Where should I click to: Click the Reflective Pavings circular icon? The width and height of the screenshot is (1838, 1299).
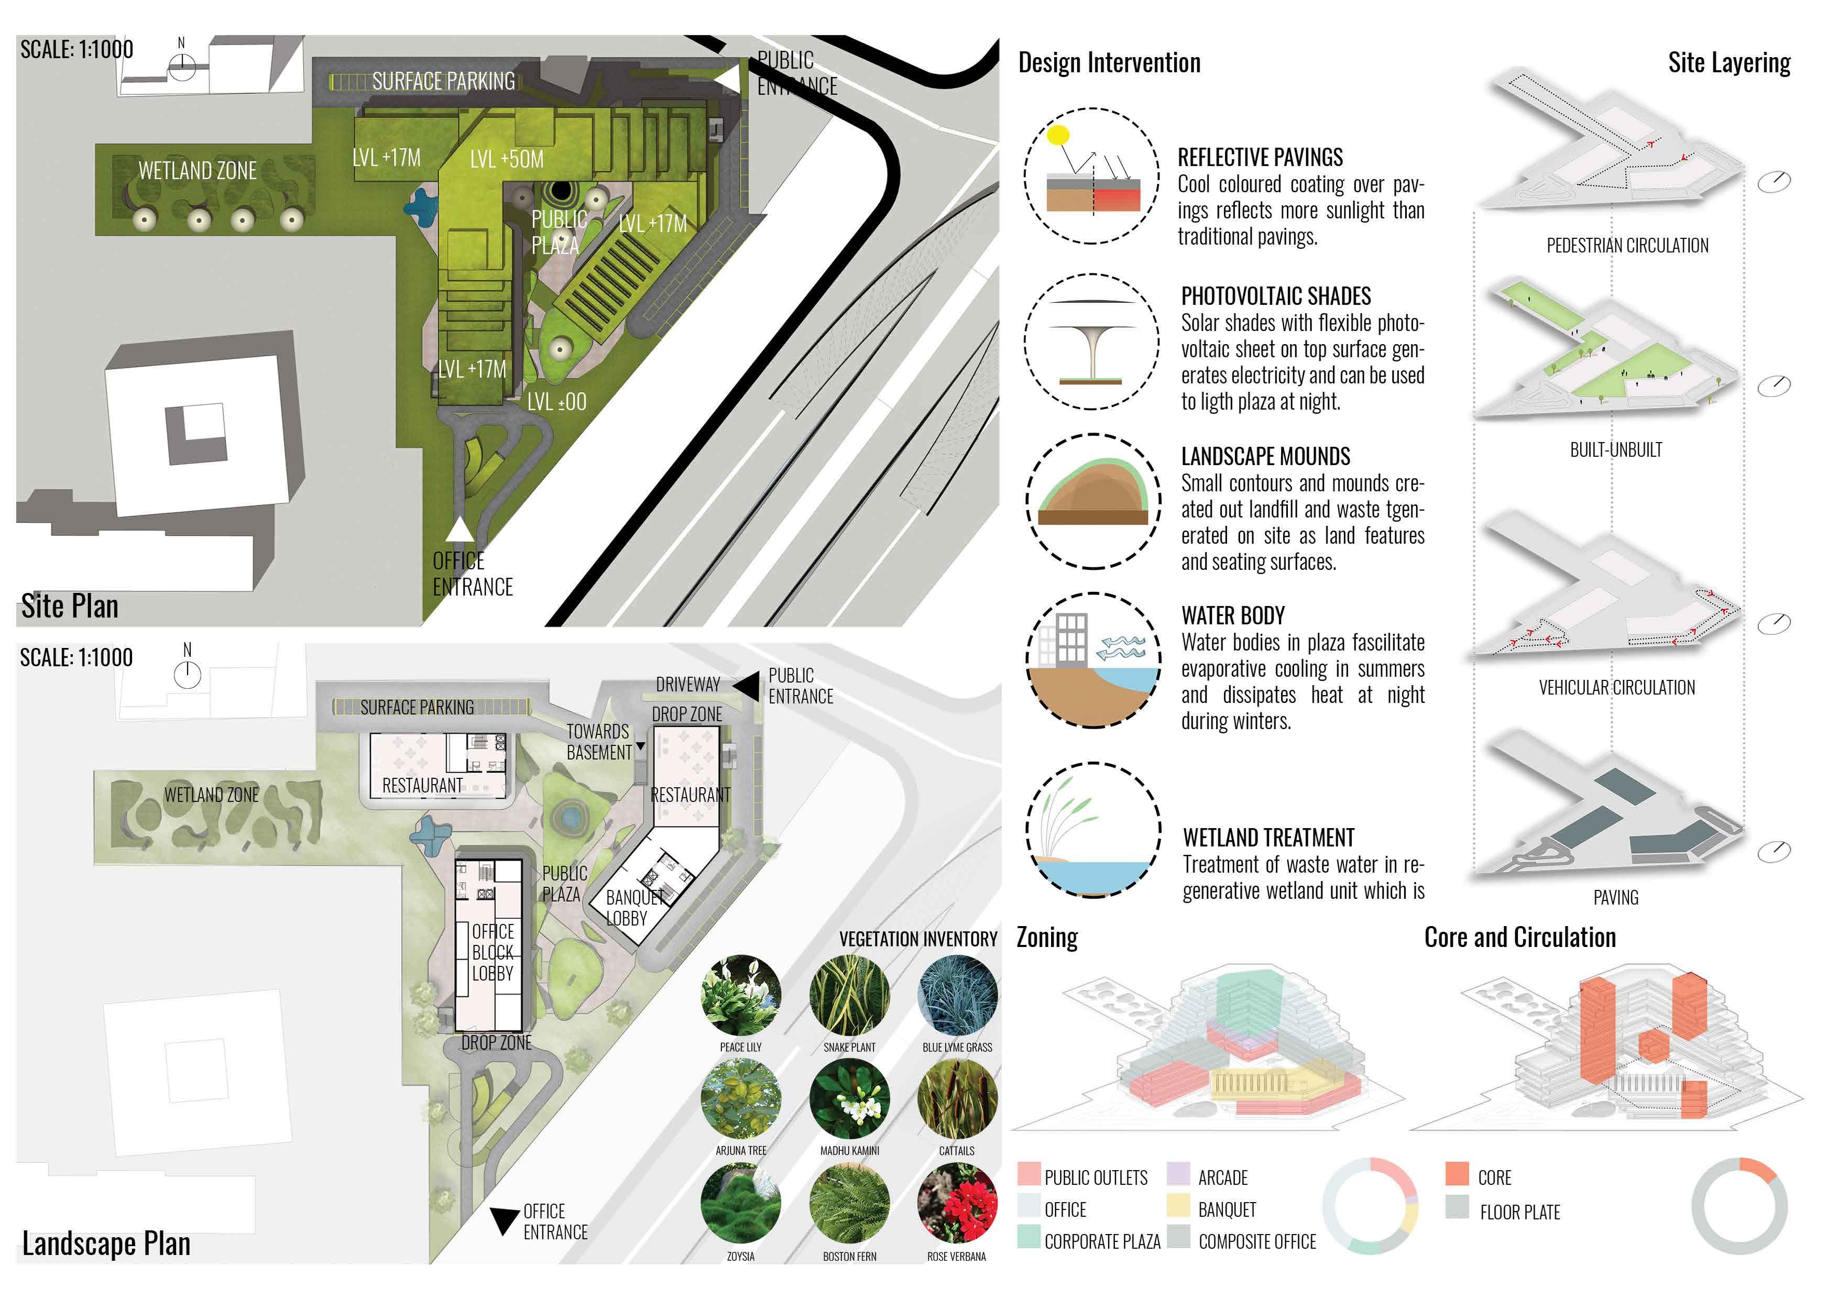1092,176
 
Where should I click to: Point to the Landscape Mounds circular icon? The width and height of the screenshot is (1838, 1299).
1093,501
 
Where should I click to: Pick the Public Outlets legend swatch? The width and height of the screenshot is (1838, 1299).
1029,1174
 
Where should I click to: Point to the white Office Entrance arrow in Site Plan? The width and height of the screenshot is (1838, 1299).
460,530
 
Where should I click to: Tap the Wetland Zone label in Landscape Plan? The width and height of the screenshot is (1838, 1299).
211,795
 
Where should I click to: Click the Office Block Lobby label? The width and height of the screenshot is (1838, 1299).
493,952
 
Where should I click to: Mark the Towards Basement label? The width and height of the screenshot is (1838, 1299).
599,742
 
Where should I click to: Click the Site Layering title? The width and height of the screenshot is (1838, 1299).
1728,62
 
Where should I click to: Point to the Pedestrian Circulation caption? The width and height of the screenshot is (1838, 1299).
1627,246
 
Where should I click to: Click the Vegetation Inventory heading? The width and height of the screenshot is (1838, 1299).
917,939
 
